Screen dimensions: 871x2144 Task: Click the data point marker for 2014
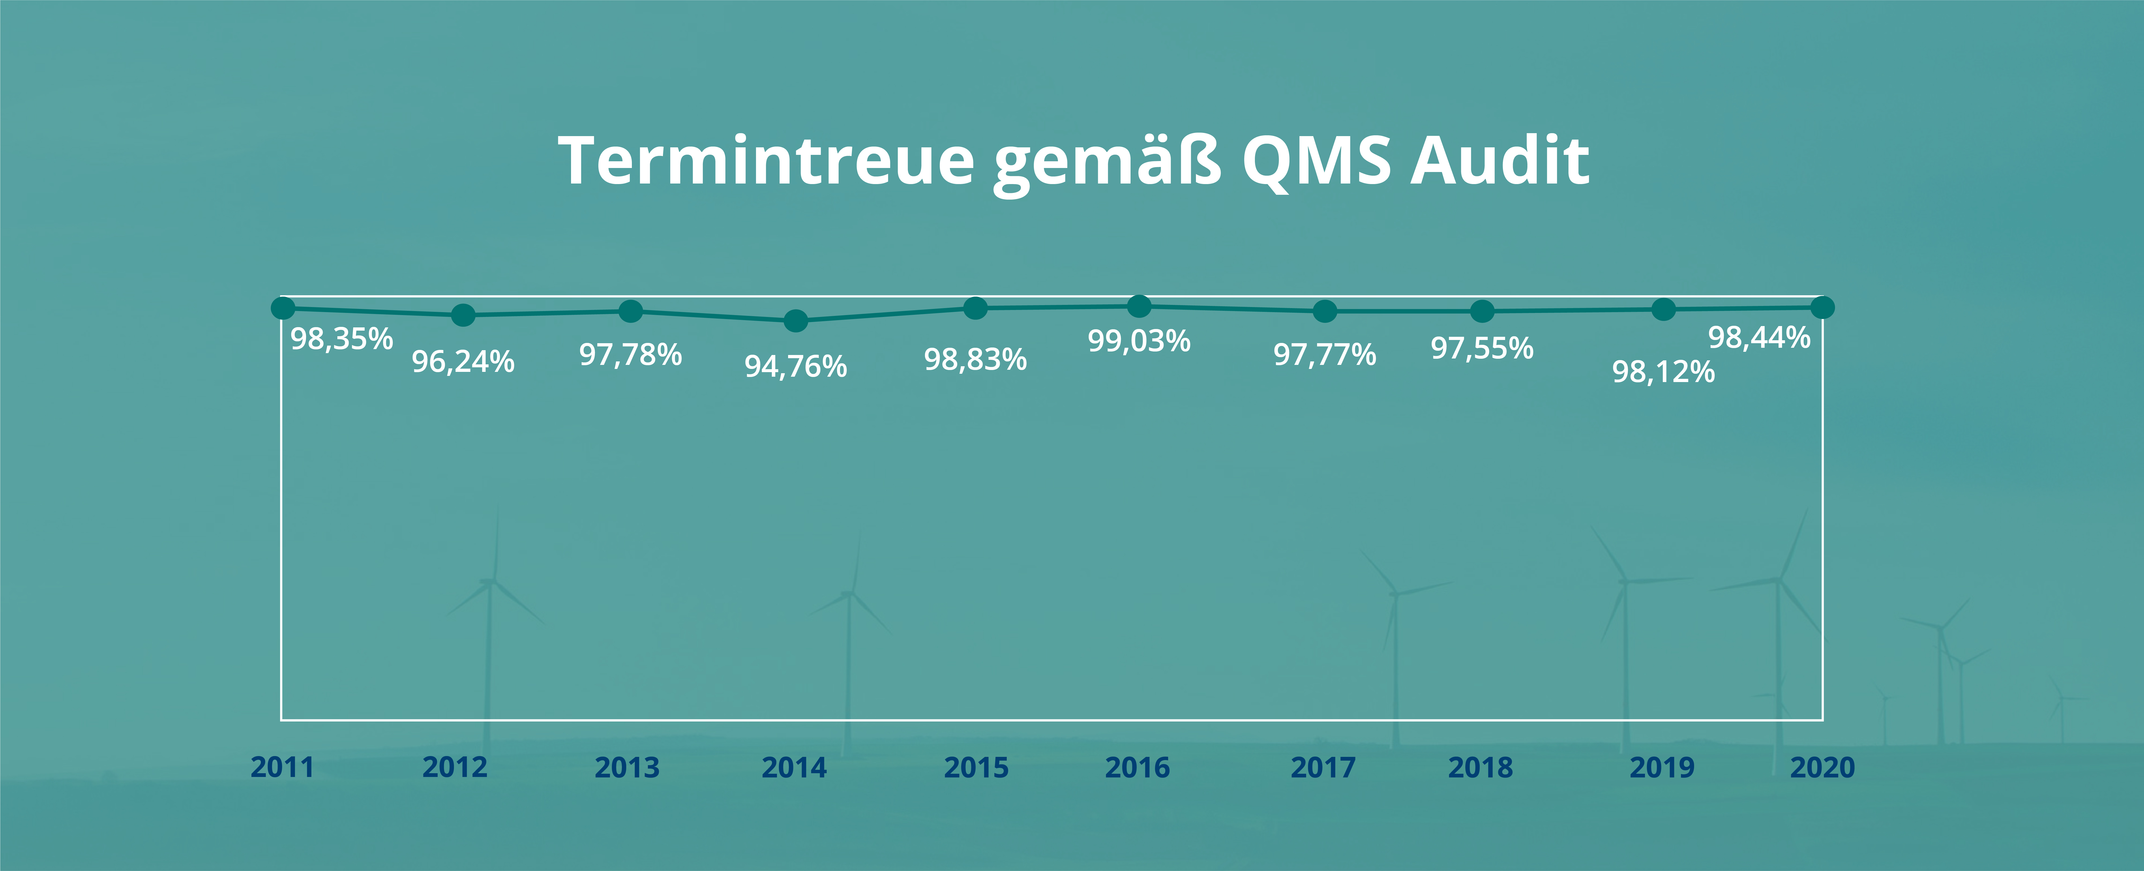click(796, 320)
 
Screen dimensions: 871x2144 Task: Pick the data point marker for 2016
click(1139, 306)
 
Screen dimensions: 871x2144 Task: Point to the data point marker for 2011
click(283, 308)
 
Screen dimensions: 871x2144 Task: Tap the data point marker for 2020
click(1822, 308)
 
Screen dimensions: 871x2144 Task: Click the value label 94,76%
click(796, 366)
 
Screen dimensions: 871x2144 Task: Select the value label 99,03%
click(1139, 341)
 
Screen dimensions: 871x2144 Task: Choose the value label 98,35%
click(341, 339)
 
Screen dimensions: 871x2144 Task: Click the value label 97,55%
click(1482, 348)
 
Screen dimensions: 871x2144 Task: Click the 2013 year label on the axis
click(627, 767)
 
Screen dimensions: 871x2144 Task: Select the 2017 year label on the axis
click(1322, 767)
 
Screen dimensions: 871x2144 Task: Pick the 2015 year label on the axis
click(975, 767)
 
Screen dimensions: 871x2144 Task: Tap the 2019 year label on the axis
click(1661, 767)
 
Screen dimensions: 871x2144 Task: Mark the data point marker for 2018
click(1482, 311)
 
